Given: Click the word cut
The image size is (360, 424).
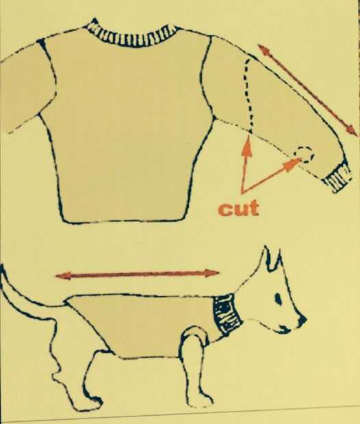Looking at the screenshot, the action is [238, 209].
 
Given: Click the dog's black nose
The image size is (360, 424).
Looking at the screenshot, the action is [302, 321].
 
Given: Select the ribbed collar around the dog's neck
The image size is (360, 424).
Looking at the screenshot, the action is [227, 315].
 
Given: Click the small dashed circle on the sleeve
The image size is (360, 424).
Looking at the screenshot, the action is [305, 155].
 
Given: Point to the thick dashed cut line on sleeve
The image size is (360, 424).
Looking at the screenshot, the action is [248, 94].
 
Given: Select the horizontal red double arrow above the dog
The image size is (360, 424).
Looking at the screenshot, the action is [137, 274].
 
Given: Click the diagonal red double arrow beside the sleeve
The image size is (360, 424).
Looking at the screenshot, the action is [307, 90].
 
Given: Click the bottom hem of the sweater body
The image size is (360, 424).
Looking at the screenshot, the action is [123, 220].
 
